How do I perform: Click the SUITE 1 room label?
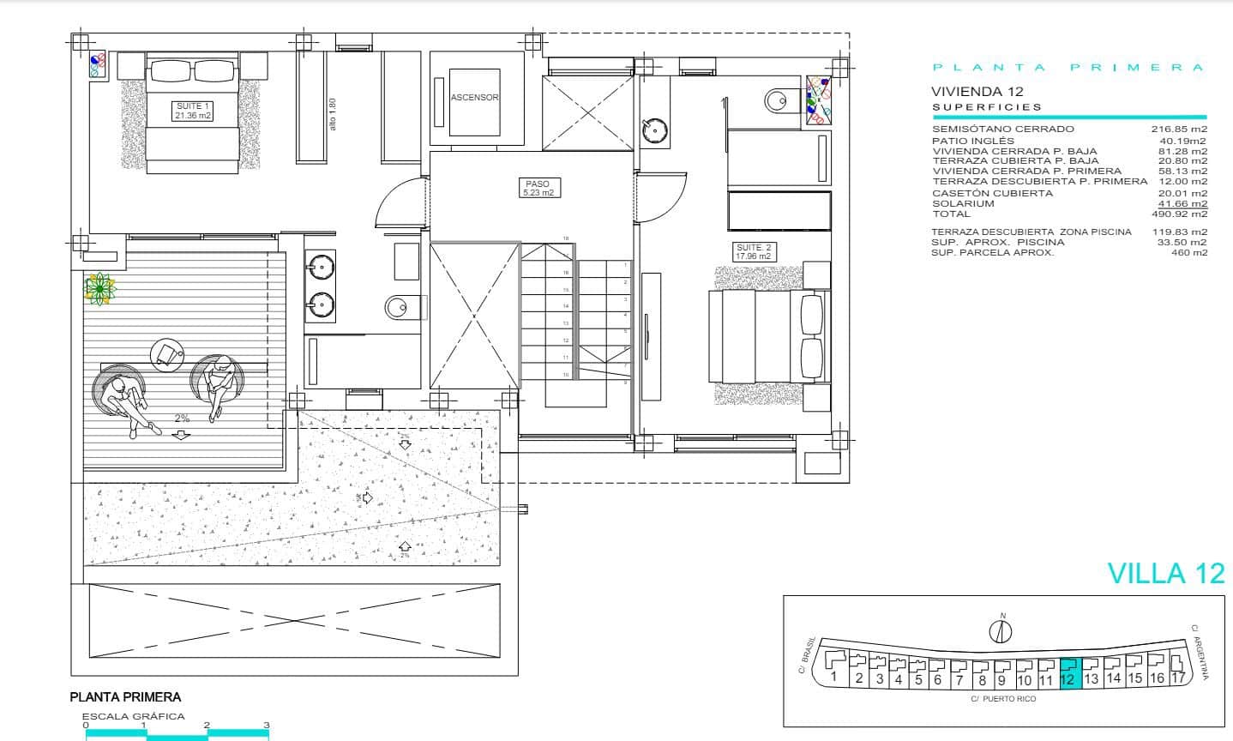coord(192,111)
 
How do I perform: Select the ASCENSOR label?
coord(475,98)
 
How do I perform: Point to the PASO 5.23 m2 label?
coord(537,189)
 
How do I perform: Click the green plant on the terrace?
coord(99,289)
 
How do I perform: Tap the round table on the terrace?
coord(167,353)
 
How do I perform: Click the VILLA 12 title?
coord(1166,574)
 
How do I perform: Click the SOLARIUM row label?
coord(963,204)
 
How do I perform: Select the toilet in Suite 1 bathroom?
coord(400,306)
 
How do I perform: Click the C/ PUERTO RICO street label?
coord(1003,699)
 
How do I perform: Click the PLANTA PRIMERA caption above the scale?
coord(125,697)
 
